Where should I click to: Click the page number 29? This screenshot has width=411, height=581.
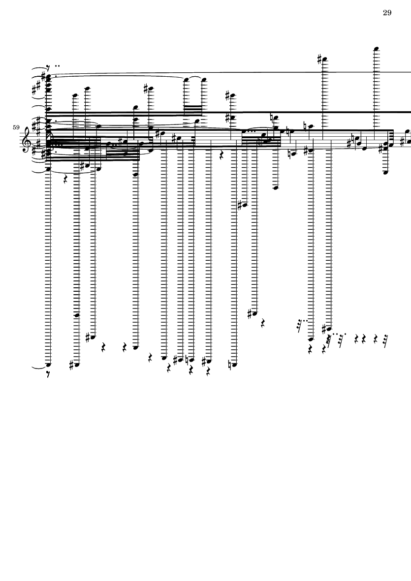coord(387,13)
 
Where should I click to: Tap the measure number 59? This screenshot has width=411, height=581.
coord(16,127)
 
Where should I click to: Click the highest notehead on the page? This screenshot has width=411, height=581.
coord(377,49)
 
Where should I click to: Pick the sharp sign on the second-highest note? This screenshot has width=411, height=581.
coord(320,59)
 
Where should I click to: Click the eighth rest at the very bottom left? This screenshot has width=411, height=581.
coord(48,374)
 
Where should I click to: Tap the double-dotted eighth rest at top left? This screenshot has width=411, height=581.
coord(49,68)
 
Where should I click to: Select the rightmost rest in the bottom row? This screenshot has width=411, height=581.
coord(386,339)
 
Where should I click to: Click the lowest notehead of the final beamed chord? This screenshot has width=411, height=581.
coord(385,172)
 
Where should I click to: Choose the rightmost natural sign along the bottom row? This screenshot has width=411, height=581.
coord(230,366)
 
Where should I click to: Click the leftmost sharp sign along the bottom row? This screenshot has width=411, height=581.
coord(71,365)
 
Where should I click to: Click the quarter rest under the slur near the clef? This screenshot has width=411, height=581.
coord(65,180)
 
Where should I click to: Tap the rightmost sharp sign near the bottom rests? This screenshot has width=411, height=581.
coord(324,329)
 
